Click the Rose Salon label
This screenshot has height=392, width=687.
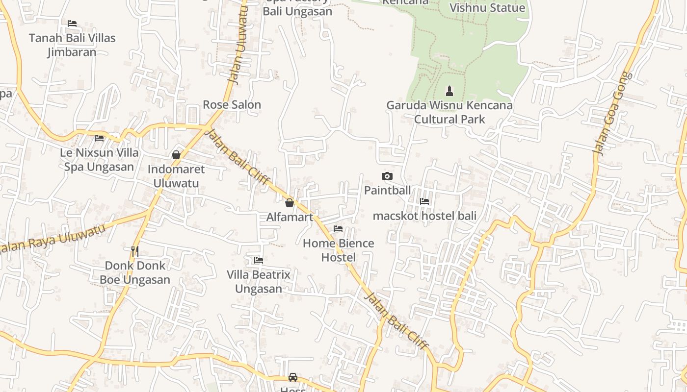232,105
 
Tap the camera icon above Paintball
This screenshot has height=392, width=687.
387,176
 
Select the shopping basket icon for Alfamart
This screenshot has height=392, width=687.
290,203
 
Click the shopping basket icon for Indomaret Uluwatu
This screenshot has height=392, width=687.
176,155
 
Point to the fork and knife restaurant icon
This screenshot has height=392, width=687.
135,251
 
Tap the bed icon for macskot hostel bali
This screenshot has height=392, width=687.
424,201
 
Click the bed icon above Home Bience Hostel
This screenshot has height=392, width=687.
338,229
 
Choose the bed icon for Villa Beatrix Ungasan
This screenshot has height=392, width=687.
259,260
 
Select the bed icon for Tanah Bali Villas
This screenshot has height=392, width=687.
72,24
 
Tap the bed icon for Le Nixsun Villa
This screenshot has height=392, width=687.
99,138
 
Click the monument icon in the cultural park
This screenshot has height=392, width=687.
449,91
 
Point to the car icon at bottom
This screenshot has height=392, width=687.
293,377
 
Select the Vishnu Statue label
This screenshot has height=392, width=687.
487,8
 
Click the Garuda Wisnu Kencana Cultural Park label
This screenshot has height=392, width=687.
449,112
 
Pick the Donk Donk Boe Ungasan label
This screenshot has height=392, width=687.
135,273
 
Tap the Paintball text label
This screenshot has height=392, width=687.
387,191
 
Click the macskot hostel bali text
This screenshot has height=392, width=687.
424,216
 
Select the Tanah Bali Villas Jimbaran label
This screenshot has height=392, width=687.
72,45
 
